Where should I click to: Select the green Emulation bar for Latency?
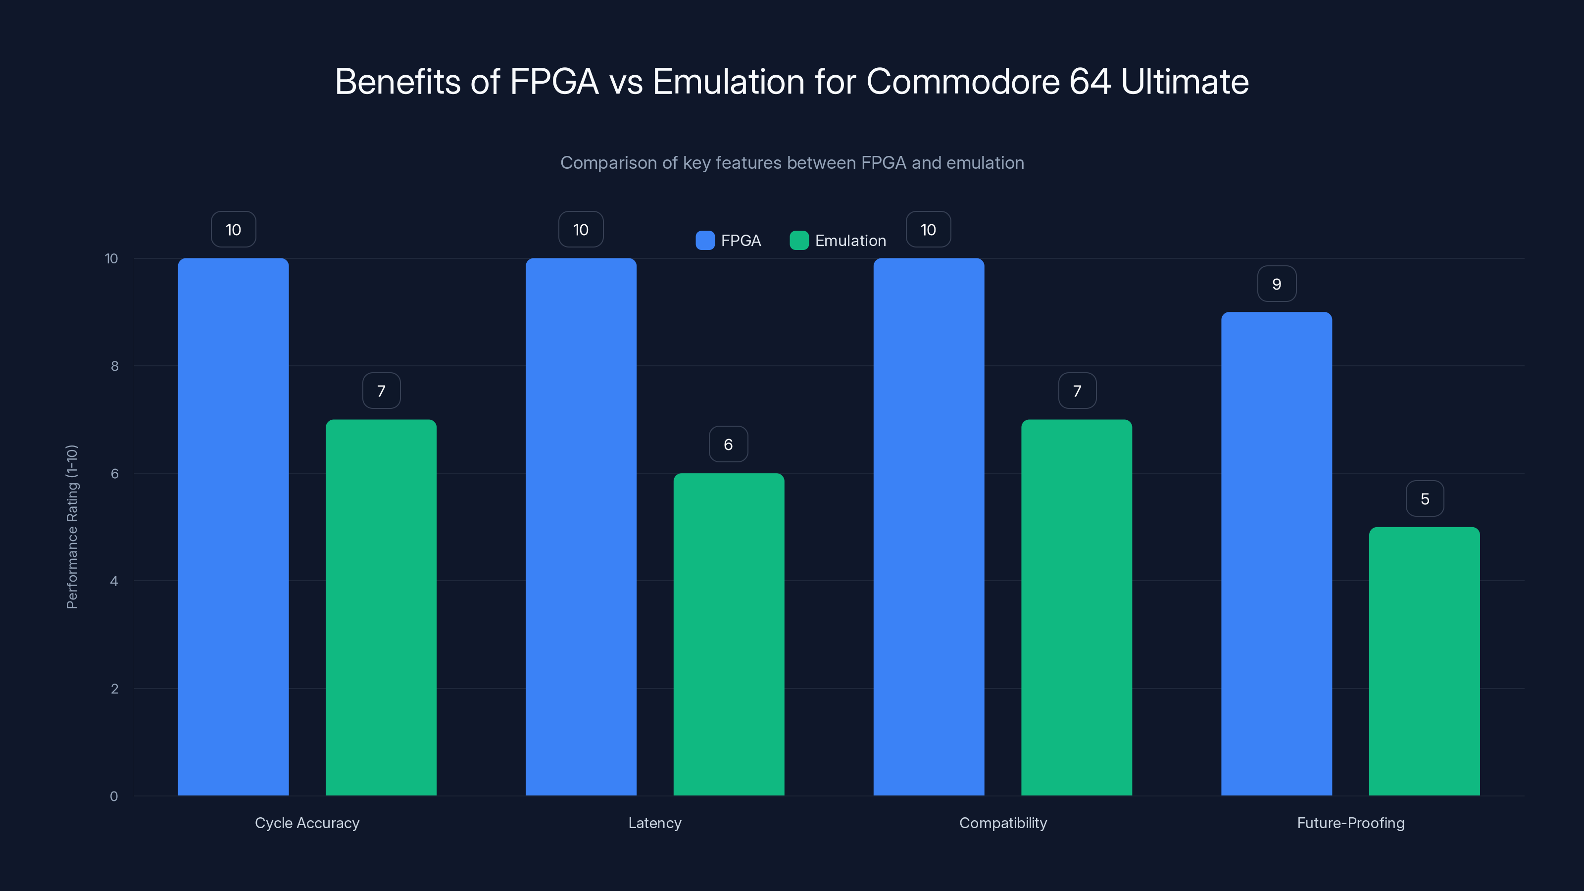729,634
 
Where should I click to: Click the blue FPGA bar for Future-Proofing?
1276,553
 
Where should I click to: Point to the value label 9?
1277,284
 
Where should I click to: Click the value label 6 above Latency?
728,445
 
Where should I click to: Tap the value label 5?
1425,498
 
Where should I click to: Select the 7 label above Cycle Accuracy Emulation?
381,391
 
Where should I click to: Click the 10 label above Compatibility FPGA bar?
928,230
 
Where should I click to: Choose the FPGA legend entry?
729,241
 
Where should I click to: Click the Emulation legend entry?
838,241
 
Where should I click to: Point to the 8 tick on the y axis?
114,366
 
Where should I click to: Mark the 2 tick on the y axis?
114,689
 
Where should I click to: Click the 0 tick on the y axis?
114,796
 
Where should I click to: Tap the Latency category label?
655,823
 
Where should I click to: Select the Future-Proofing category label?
1350,823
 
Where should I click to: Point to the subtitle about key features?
792,163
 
